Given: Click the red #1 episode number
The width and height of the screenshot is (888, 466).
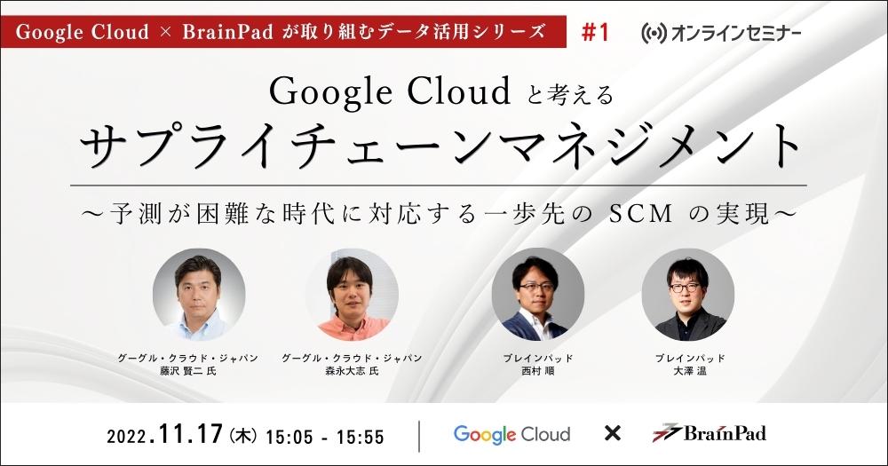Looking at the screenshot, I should pyautogui.click(x=595, y=33).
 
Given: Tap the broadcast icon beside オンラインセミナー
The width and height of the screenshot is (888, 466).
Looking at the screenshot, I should pyautogui.click(x=652, y=34).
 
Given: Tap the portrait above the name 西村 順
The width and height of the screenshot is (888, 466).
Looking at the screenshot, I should pyautogui.click(x=538, y=295).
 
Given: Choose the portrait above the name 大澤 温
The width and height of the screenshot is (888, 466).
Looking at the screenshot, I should pyautogui.click(x=687, y=295).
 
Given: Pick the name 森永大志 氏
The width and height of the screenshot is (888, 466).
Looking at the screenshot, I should pyautogui.click(x=352, y=371).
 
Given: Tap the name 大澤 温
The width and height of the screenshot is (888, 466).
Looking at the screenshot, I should pyautogui.click(x=688, y=371).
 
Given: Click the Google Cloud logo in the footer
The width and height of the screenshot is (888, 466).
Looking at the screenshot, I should pyautogui.click(x=511, y=434).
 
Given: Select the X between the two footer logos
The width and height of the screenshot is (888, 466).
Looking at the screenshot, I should pyautogui.click(x=611, y=434).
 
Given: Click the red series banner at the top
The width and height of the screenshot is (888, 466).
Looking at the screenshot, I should pyautogui.click(x=284, y=33).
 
